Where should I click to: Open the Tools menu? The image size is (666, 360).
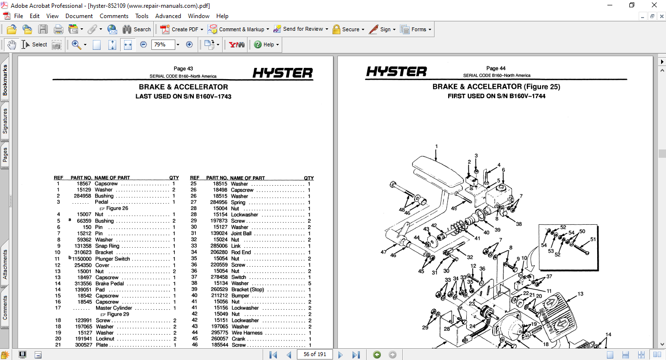(x=142, y=16)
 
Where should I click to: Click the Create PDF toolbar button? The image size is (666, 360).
(x=181, y=29)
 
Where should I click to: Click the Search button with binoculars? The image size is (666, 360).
(x=137, y=29)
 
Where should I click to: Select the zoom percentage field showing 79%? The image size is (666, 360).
(x=163, y=44)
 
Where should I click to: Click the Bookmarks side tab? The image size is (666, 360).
(x=5, y=81)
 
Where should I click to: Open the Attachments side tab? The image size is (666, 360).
(x=5, y=265)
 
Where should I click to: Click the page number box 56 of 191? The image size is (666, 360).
(x=315, y=354)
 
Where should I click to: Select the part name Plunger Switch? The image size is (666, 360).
(x=112, y=259)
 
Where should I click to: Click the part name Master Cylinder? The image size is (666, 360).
(x=114, y=308)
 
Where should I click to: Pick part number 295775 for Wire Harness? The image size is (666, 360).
(x=217, y=333)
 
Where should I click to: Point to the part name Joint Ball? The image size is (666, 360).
(x=241, y=233)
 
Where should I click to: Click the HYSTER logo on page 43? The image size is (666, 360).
(x=283, y=73)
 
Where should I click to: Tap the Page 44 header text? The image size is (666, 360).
(x=496, y=68)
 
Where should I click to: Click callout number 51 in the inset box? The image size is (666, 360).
(x=593, y=239)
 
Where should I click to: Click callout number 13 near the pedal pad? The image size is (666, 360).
(x=580, y=294)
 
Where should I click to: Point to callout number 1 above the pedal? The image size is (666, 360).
(x=436, y=146)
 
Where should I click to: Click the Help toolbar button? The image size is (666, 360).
(x=266, y=44)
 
